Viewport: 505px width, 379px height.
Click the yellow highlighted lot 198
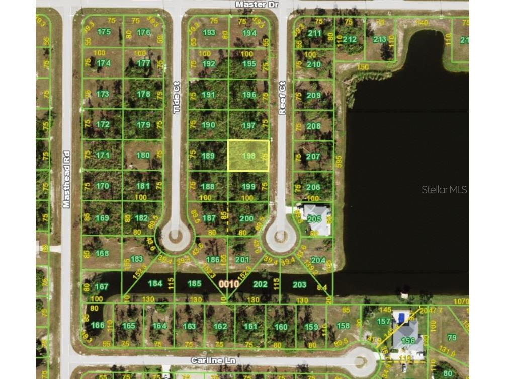click(248, 156)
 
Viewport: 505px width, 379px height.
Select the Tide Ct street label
click(177, 97)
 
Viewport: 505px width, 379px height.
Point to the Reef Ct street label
click(282, 98)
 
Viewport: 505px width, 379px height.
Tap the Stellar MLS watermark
click(444, 190)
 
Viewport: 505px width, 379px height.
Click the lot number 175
click(104, 32)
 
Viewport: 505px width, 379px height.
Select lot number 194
click(249, 33)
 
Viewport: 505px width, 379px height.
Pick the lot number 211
click(314, 34)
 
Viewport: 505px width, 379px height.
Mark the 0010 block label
click(228, 284)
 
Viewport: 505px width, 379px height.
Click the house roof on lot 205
click(315, 217)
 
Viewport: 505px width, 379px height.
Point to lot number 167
click(102, 287)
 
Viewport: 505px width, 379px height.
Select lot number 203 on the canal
click(299, 284)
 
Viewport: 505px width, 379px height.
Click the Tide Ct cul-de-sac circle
click(176, 235)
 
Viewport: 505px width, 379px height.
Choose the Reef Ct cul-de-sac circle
click(281, 235)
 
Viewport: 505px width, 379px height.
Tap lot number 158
click(343, 325)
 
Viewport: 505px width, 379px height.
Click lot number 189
click(208, 156)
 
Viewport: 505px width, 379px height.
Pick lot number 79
click(452, 337)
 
